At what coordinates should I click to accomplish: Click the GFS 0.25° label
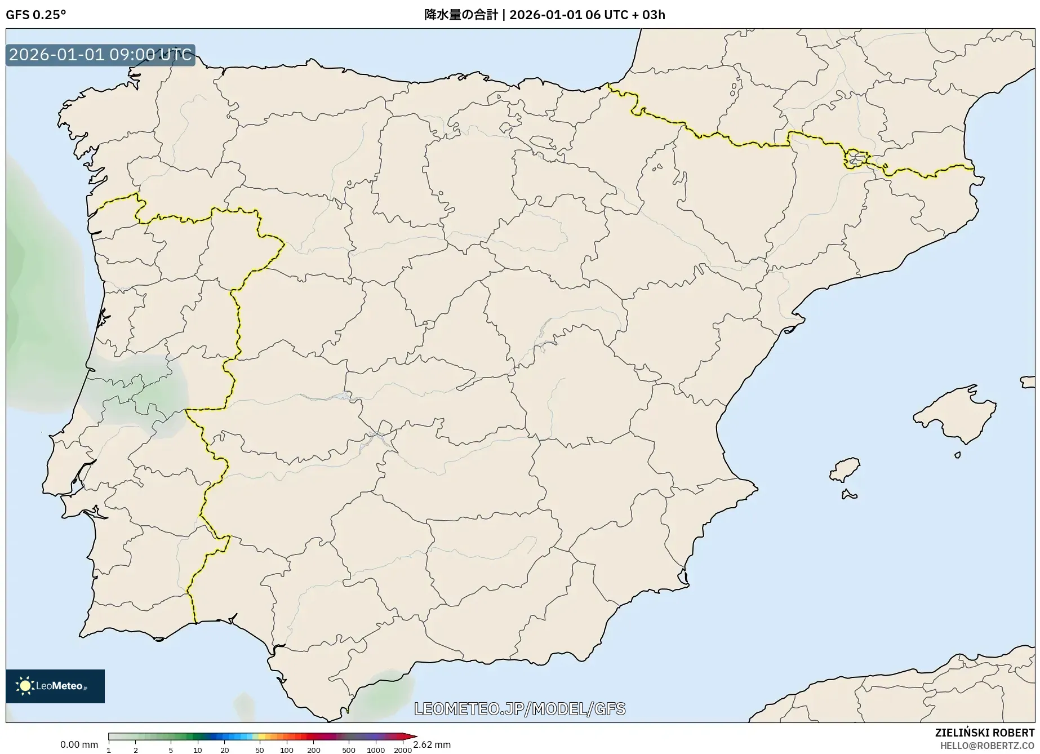(35, 15)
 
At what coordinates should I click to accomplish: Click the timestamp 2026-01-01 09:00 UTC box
(100, 55)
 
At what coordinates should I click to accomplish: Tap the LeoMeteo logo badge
(55, 686)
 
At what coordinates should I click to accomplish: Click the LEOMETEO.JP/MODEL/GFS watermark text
(519, 708)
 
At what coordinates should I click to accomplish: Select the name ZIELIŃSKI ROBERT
(984, 733)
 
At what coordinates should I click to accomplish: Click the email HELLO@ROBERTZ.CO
(987, 746)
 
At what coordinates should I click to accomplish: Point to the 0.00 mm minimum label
(79, 744)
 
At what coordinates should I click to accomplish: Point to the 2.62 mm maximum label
(432, 744)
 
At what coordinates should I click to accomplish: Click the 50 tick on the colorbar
(259, 749)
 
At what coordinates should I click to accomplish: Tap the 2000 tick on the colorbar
(402, 749)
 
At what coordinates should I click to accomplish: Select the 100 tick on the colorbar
(286, 749)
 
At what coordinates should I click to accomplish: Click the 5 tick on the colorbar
(171, 749)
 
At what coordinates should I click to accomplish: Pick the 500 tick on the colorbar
(348, 749)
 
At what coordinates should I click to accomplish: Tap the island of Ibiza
(845, 469)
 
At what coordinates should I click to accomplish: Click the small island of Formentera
(848, 495)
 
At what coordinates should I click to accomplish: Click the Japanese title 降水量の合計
(461, 15)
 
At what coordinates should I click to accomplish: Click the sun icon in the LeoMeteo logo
(25, 686)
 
